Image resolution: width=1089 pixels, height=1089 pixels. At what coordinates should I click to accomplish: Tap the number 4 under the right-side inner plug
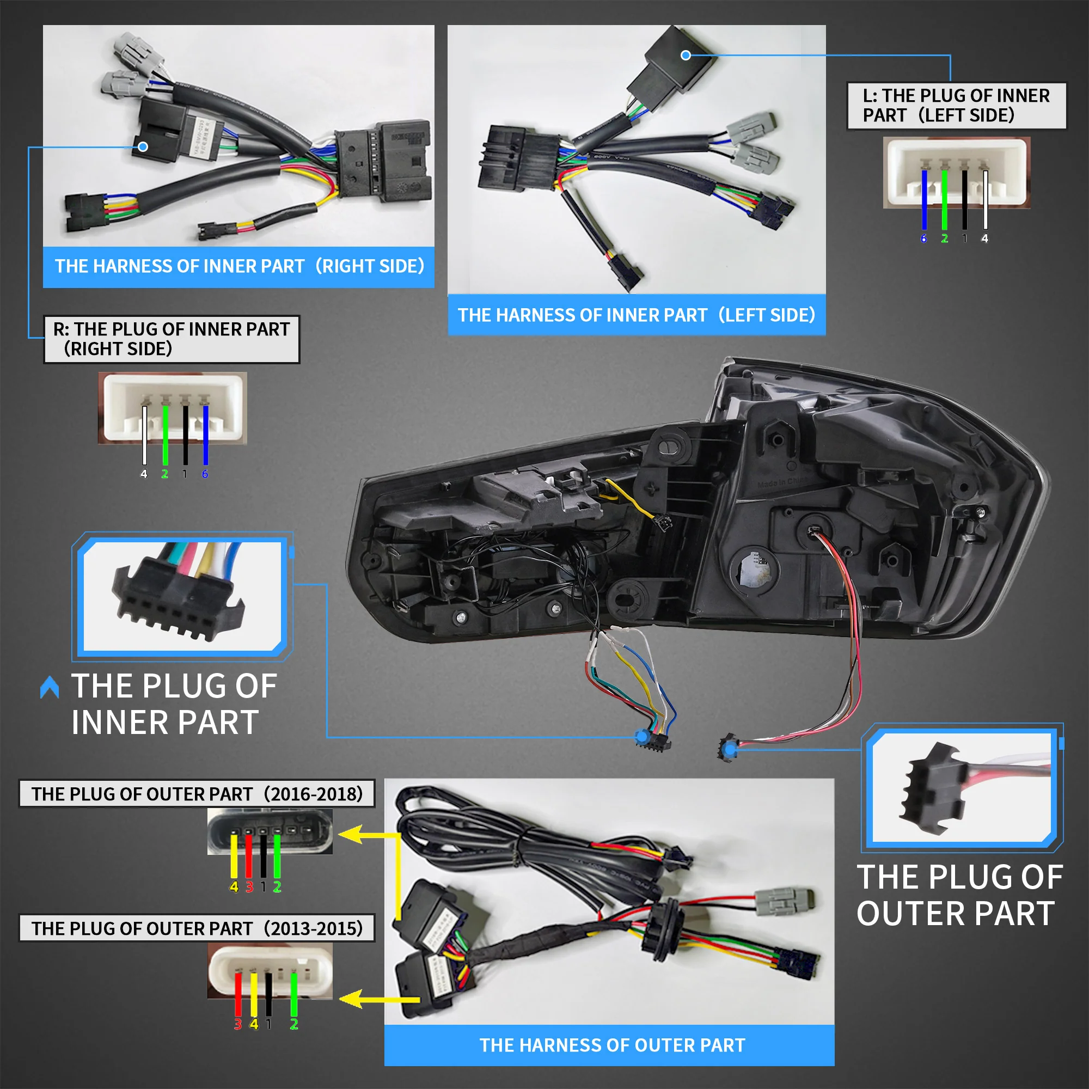click(x=144, y=474)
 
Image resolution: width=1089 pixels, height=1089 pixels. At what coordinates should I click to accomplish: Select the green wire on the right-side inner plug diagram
click(x=165, y=434)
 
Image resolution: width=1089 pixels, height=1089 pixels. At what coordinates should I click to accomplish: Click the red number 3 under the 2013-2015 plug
click(x=238, y=1024)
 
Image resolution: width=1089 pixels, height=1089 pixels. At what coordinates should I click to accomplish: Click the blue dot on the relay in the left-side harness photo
click(x=686, y=55)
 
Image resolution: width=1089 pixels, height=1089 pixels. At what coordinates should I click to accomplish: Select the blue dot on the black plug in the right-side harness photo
click(x=143, y=146)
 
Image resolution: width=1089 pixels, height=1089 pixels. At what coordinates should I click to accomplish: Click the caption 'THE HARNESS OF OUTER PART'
click(x=612, y=1045)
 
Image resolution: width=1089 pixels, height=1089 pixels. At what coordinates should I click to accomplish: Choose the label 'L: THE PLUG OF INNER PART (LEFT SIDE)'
click(x=956, y=106)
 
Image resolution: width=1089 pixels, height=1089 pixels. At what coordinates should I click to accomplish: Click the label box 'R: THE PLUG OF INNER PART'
click(x=172, y=339)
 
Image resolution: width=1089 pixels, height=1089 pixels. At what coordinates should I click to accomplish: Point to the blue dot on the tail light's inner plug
click(x=641, y=736)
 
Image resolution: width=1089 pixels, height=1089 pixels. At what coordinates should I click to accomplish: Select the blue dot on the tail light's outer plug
click(x=731, y=749)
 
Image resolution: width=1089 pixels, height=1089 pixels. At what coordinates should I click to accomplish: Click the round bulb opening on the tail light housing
click(x=754, y=571)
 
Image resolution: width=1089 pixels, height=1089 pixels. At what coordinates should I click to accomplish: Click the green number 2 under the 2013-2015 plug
click(x=293, y=1024)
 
